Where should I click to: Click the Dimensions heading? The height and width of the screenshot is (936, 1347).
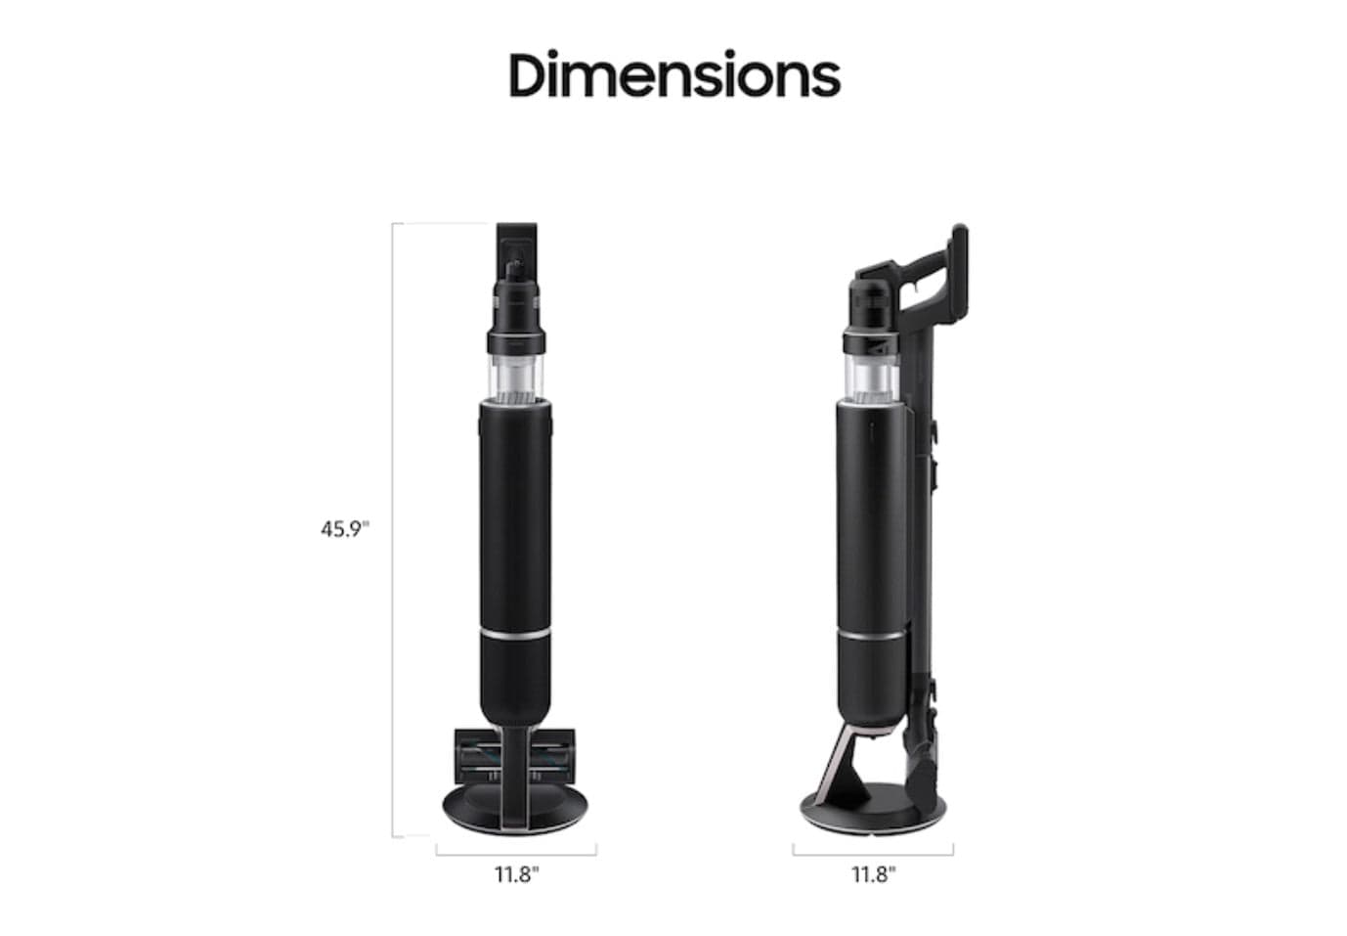673,75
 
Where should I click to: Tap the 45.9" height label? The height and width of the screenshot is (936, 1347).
345,529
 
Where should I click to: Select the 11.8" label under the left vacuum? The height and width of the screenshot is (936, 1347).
516,874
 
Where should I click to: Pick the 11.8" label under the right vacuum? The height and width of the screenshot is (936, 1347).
873,874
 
